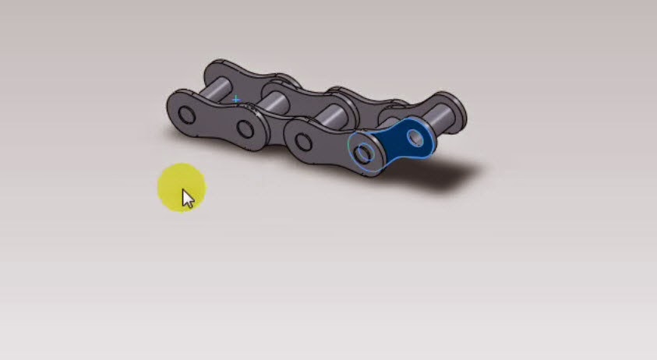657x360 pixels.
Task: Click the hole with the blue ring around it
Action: (363, 154)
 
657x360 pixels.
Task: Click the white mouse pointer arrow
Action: (187, 199)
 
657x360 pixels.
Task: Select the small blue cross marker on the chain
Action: (236, 100)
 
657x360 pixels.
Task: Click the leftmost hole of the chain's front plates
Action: (186, 116)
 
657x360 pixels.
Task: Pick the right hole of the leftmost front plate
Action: (245, 128)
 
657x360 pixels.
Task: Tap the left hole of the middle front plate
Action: (302, 140)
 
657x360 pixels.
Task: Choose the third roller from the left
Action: (330, 117)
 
